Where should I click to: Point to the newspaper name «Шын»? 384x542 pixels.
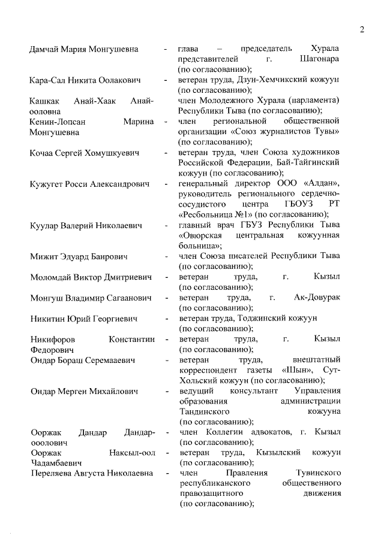[x=302, y=370]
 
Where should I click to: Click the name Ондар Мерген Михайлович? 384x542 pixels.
[x=84, y=391]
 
